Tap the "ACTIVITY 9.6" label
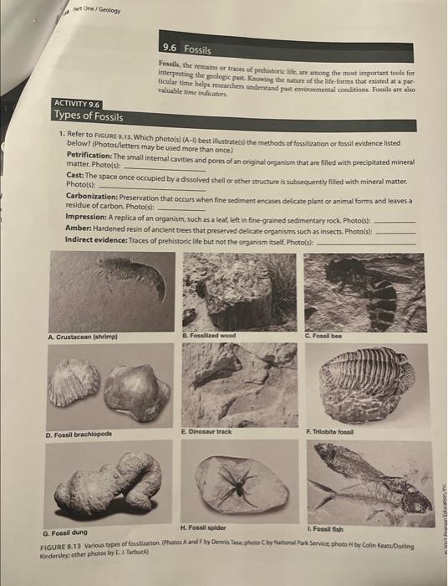77,103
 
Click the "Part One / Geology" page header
98,12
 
